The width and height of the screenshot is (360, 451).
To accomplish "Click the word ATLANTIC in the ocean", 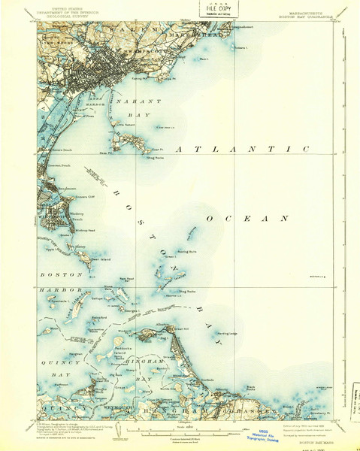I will pyautogui.click(x=241, y=150).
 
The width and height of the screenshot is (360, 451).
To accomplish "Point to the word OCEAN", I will pyautogui.click(x=247, y=218).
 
